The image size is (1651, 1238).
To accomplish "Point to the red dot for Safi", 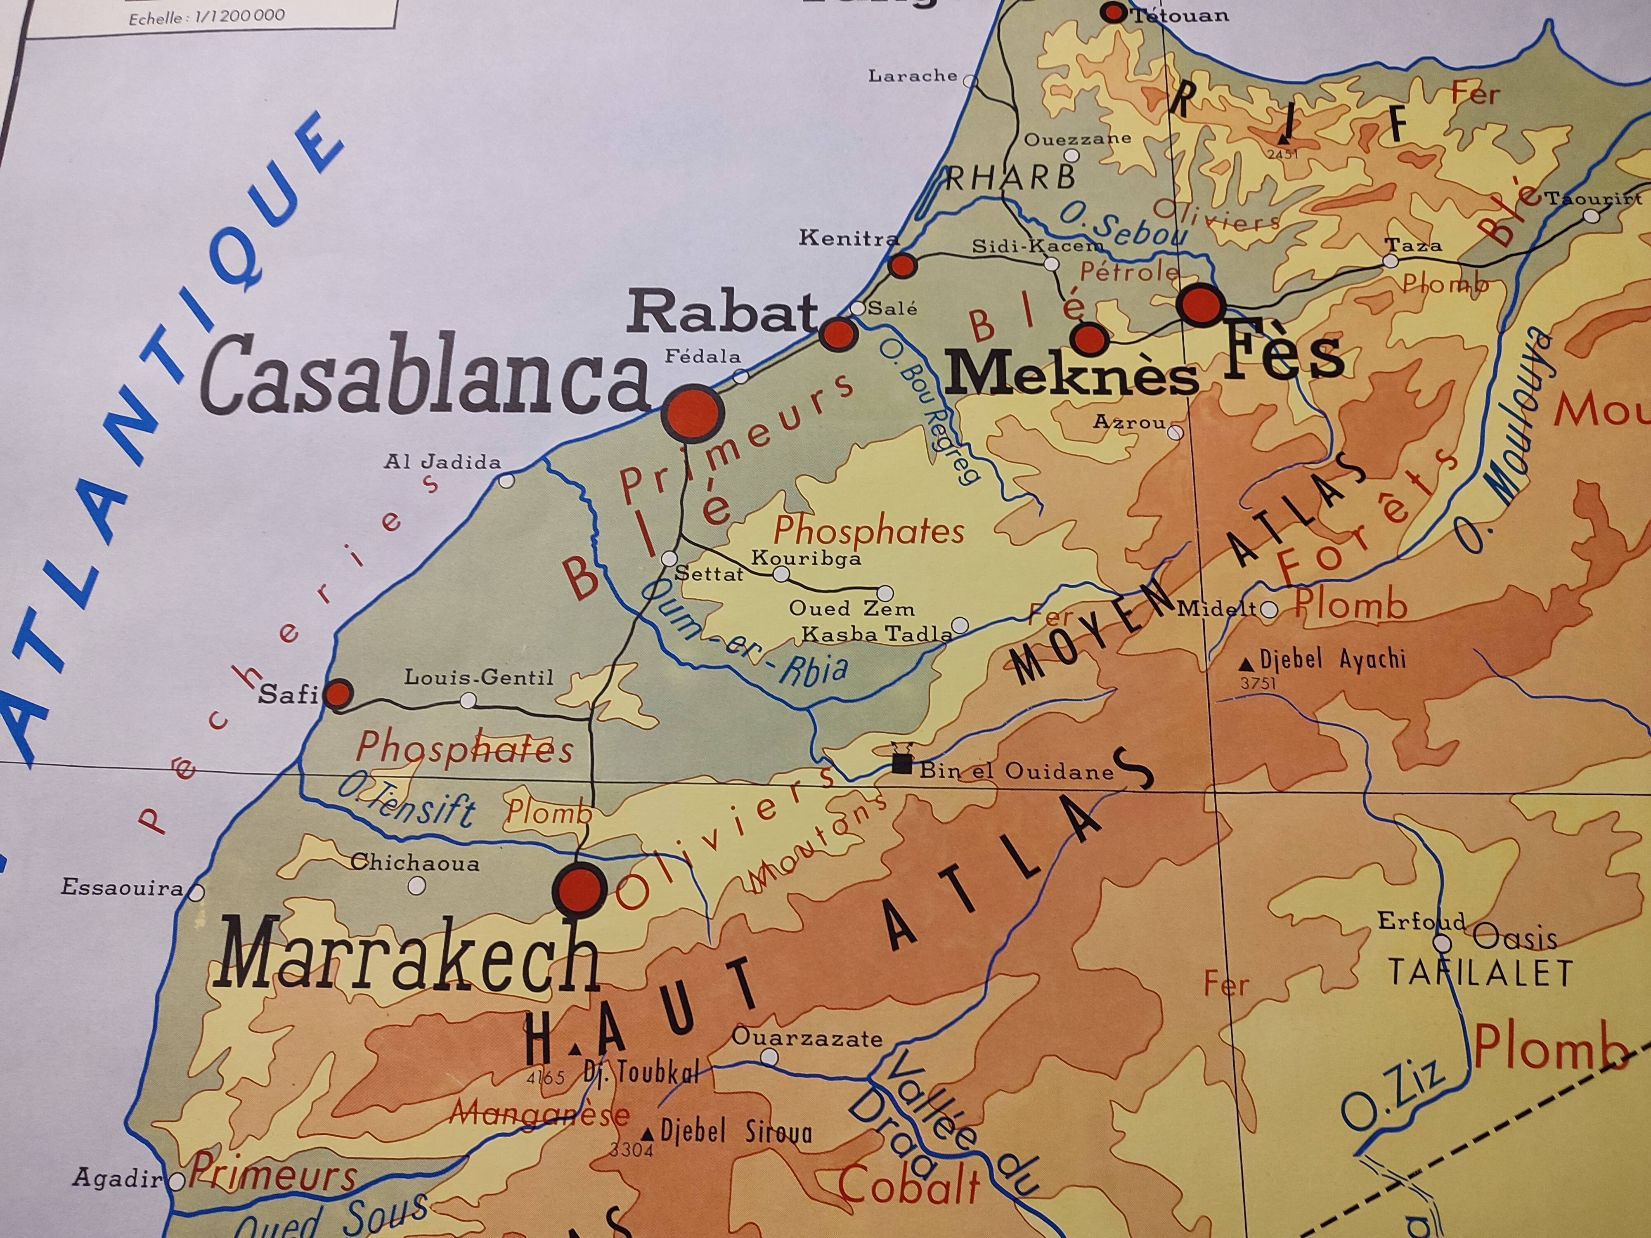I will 340,693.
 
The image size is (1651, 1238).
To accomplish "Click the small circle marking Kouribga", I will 781,574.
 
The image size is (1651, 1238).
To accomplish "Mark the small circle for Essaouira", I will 197,892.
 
